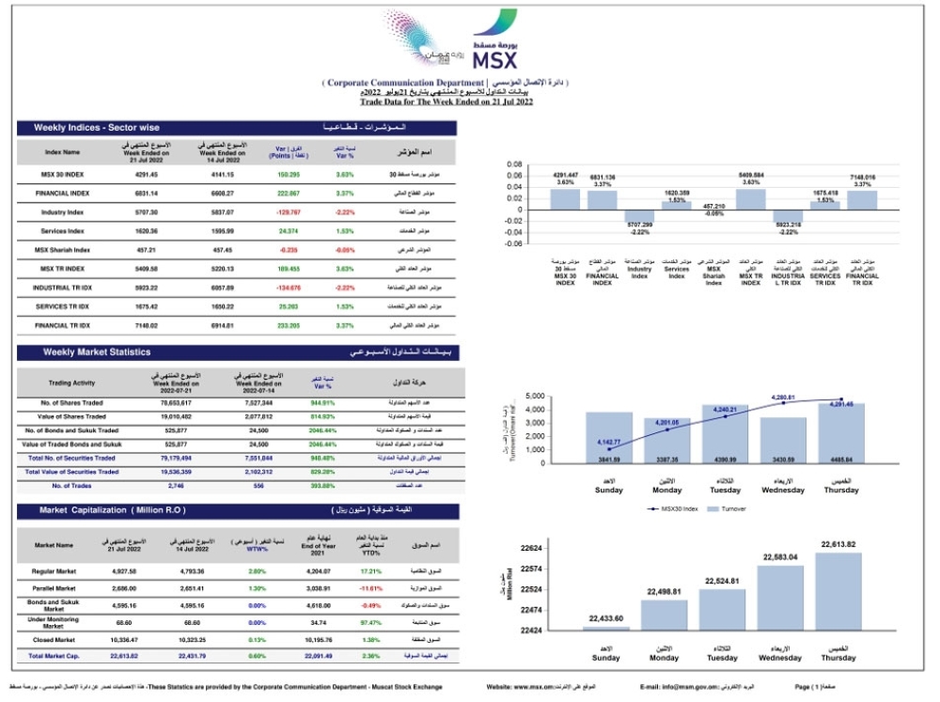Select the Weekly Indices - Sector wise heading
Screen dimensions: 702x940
[97, 127]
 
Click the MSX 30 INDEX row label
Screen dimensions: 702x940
[63, 174]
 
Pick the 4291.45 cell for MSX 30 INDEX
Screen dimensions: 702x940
[146, 174]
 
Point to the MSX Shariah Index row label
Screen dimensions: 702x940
[63, 249]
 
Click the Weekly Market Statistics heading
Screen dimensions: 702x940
[97, 351]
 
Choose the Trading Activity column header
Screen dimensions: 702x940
[71, 382]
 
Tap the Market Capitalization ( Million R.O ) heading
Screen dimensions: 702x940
[113, 509]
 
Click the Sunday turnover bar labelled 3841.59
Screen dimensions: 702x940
[609, 438]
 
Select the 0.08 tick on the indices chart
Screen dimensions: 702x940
[514, 164]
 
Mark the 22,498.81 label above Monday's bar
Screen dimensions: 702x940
[665, 591]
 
